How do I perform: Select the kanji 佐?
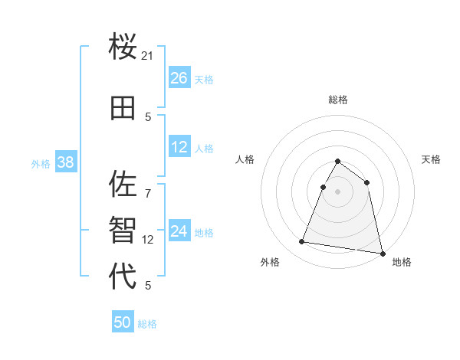tap(123, 185)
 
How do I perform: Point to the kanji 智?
tap(123, 230)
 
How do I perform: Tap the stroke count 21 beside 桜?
tap(148, 56)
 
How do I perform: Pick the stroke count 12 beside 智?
tap(149, 239)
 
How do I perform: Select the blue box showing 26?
tap(179, 78)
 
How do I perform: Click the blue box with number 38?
tap(65, 162)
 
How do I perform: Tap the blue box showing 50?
tap(123, 322)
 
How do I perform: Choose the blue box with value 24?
tap(179, 231)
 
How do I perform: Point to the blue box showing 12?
tap(179, 147)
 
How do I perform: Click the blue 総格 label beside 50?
tap(147, 324)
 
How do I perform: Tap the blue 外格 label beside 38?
tap(40, 163)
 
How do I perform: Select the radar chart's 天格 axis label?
tap(432, 159)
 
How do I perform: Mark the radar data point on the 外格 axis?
tap(301, 242)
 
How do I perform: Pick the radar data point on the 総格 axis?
tap(337, 162)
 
